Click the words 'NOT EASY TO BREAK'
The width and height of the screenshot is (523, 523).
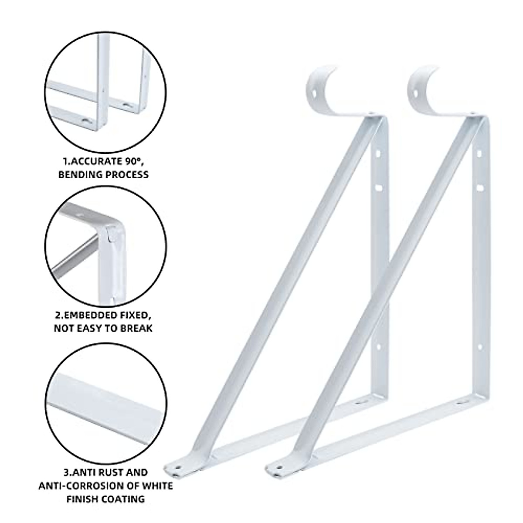[103, 328]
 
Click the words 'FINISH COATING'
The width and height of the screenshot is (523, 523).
[105, 499]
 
